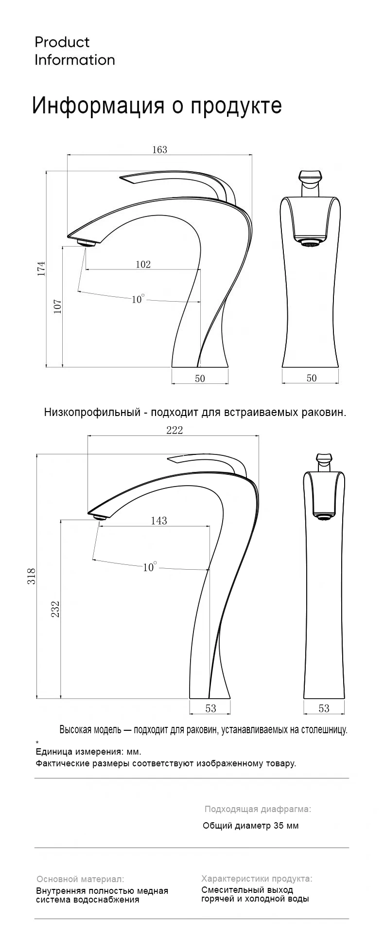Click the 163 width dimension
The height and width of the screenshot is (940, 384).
[159, 149]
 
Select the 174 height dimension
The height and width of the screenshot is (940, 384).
[42, 269]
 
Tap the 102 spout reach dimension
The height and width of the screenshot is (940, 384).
[143, 264]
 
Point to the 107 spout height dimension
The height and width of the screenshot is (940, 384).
[57, 306]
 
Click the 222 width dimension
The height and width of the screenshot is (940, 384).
[175, 430]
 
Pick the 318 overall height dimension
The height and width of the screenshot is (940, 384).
[32, 577]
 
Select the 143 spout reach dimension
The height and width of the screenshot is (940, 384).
[159, 521]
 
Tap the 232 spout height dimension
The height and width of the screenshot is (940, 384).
[55, 609]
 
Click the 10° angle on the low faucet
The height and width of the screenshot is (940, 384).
[138, 299]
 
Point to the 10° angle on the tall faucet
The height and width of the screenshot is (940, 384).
[150, 567]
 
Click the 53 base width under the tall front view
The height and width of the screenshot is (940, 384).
[324, 708]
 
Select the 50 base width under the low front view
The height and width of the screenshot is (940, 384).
[312, 378]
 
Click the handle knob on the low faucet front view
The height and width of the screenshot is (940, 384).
[310, 176]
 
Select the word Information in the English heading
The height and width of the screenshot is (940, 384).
[75, 60]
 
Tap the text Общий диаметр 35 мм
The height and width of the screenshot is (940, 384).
[251, 825]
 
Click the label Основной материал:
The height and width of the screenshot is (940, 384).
[80, 879]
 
